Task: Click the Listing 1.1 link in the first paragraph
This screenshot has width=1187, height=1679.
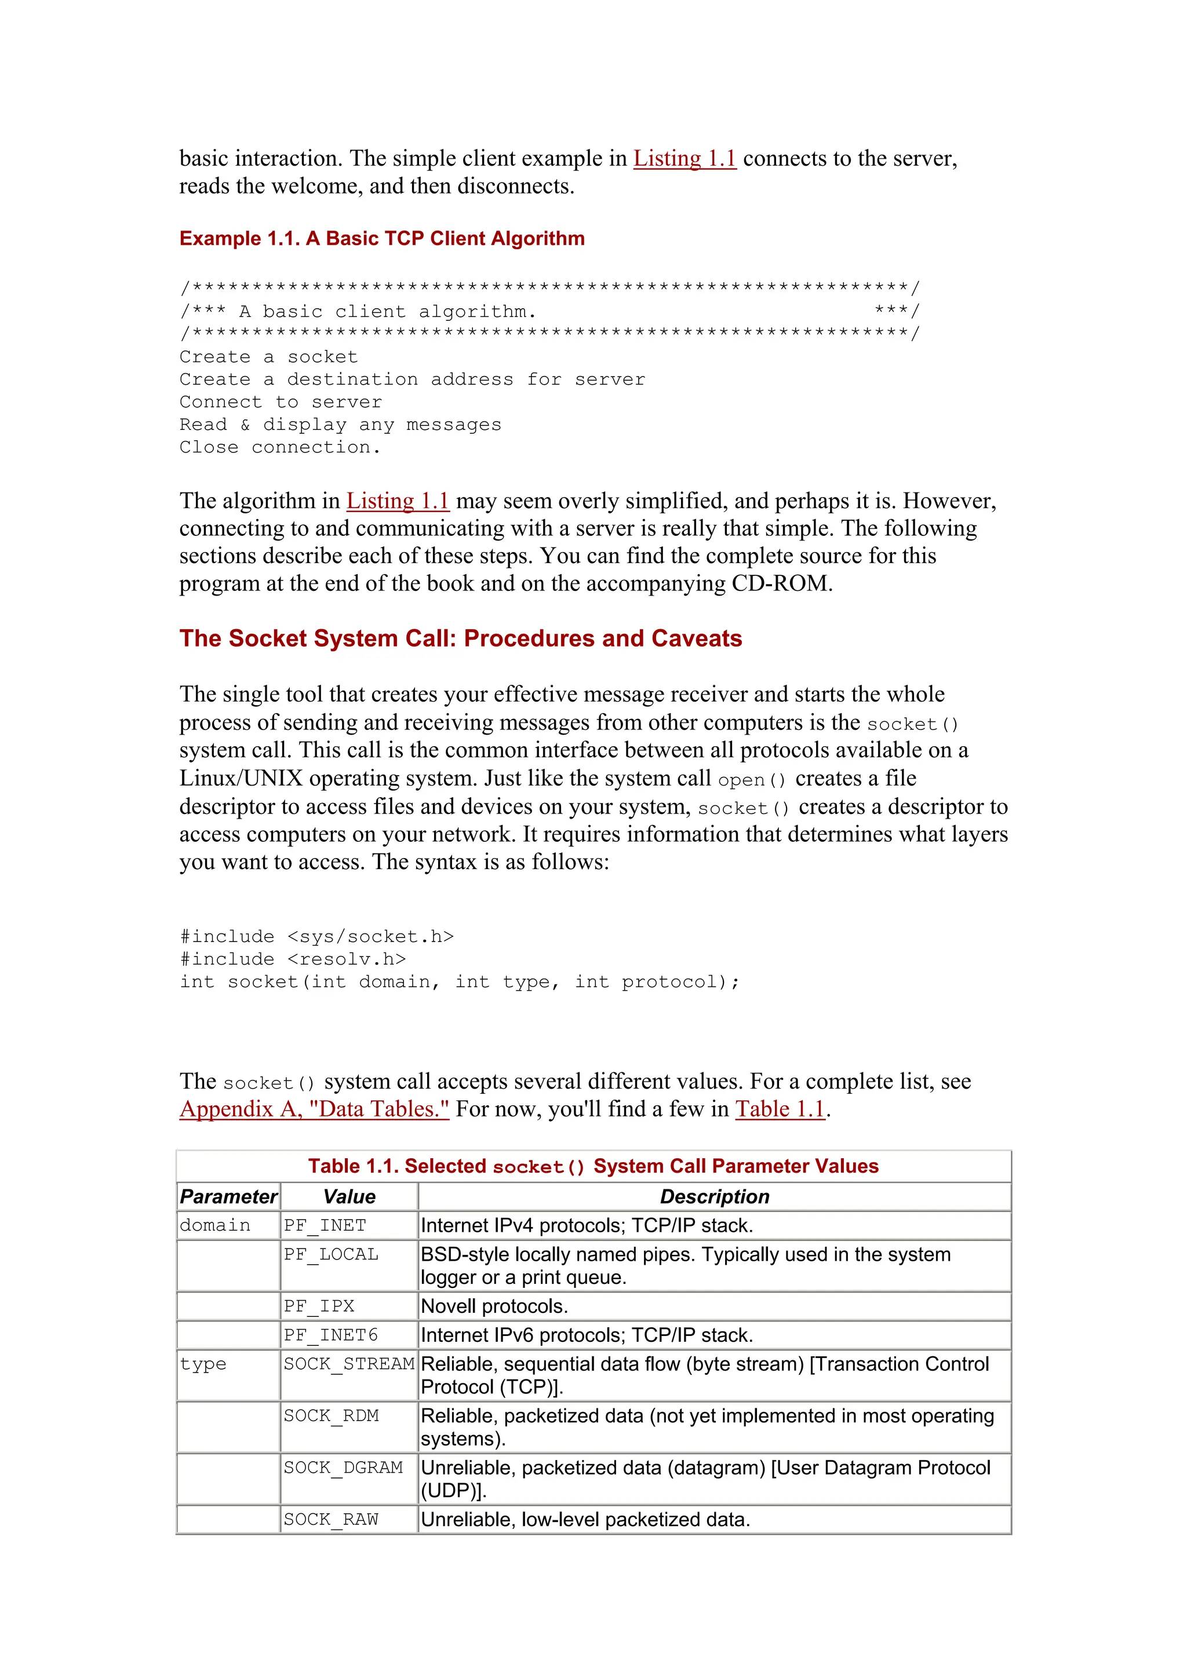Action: tap(684, 159)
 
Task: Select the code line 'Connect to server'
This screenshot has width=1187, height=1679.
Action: tap(281, 402)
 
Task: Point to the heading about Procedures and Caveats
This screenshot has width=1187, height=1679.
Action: tap(461, 638)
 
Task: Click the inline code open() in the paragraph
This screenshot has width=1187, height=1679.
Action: tap(751, 780)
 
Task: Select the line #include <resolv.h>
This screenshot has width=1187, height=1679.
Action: tap(293, 959)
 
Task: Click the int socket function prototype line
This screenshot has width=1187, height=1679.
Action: tap(459, 982)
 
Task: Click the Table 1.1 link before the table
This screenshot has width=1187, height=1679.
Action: tap(780, 1109)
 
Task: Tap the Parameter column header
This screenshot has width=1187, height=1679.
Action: tap(228, 1197)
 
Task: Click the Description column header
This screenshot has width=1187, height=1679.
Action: tap(714, 1197)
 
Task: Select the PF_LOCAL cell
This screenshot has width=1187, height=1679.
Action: tap(332, 1255)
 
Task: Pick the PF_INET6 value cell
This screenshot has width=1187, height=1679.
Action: tap(332, 1335)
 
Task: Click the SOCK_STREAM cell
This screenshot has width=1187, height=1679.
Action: tap(349, 1364)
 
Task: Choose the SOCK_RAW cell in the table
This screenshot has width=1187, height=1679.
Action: tap(332, 1520)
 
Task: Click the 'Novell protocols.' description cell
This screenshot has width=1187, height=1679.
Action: tap(494, 1307)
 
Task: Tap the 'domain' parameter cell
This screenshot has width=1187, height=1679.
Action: tap(215, 1225)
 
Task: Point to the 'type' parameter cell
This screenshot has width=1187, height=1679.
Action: tap(203, 1364)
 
